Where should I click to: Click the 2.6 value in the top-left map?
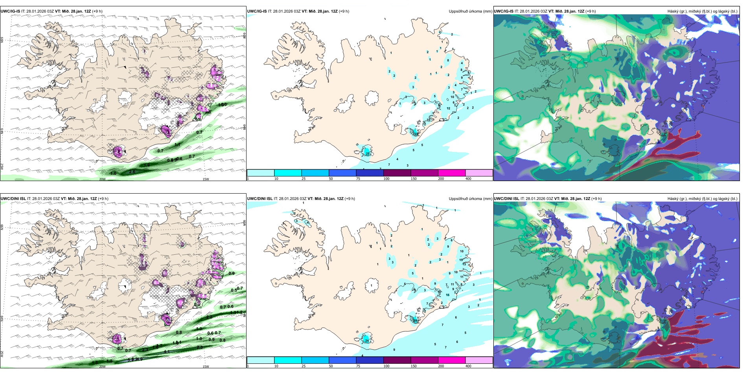(132, 172)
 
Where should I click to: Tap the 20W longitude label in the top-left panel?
(102, 179)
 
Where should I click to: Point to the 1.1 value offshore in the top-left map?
(177, 145)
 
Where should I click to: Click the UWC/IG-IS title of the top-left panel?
(10, 11)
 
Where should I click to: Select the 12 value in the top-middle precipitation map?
(448, 108)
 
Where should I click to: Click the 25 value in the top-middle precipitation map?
(368, 154)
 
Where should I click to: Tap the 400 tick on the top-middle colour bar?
(468, 179)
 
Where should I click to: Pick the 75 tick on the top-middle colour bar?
(358, 179)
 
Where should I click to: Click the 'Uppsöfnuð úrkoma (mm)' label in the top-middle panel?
(470, 11)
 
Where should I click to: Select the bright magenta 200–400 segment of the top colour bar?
(452, 173)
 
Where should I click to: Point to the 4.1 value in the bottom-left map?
(167, 352)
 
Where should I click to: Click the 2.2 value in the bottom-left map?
(209, 317)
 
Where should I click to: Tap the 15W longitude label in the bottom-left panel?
(205, 367)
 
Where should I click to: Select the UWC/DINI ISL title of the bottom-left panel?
(13, 199)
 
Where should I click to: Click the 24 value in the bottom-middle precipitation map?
(366, 341)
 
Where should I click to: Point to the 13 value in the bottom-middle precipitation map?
(464, 264)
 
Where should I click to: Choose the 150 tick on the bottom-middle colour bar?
(414, 366)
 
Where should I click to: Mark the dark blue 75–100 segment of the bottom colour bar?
(370, 360)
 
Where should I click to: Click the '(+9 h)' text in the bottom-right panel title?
(596, 199)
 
